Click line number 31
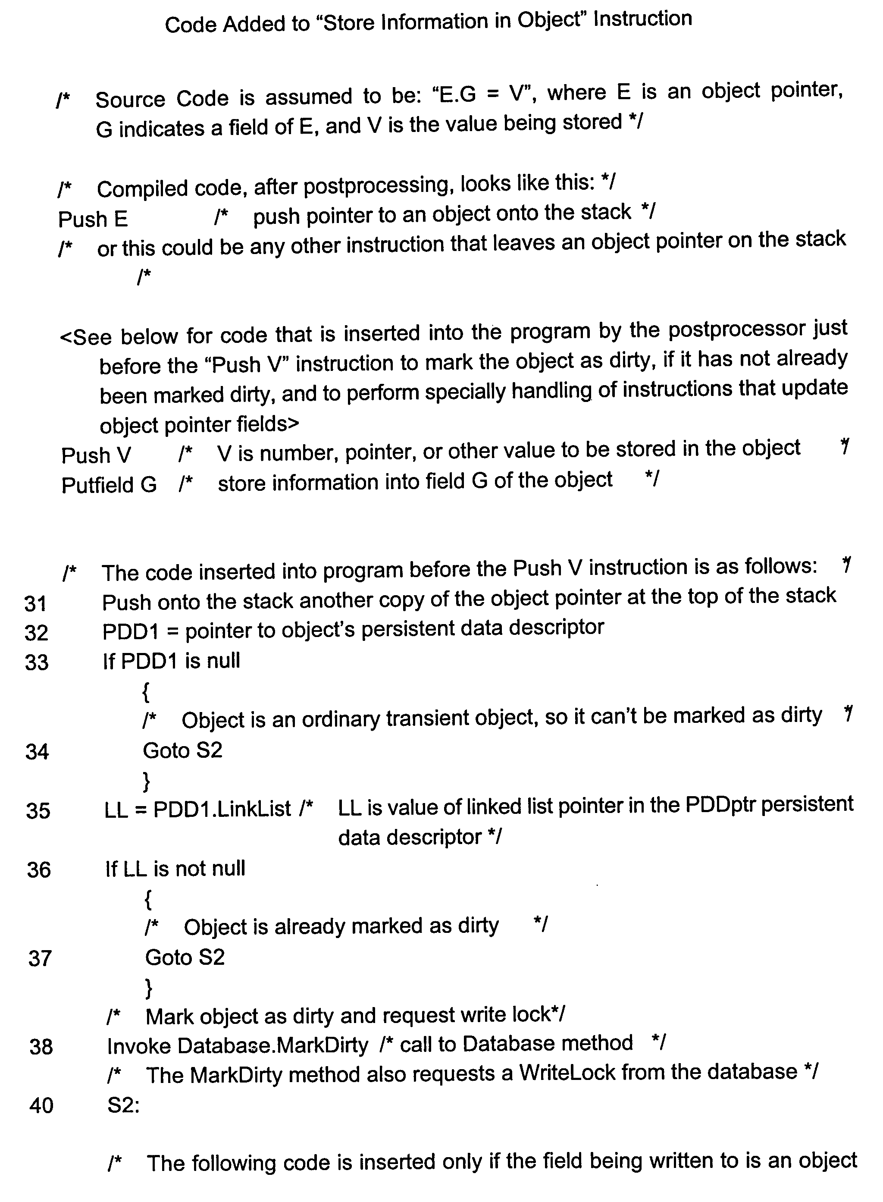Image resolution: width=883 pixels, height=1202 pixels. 36,604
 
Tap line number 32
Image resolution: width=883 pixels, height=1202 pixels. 36,633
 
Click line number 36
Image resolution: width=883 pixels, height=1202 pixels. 38,870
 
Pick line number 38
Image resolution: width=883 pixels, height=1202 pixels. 41,1047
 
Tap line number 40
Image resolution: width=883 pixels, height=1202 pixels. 41,1106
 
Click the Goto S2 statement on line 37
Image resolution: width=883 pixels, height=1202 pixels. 185,957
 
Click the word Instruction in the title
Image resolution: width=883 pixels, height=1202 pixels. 642,20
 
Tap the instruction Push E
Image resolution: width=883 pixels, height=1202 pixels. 93,219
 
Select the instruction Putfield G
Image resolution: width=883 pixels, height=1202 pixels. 109,485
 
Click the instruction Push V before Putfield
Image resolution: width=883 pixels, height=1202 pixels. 96,455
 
